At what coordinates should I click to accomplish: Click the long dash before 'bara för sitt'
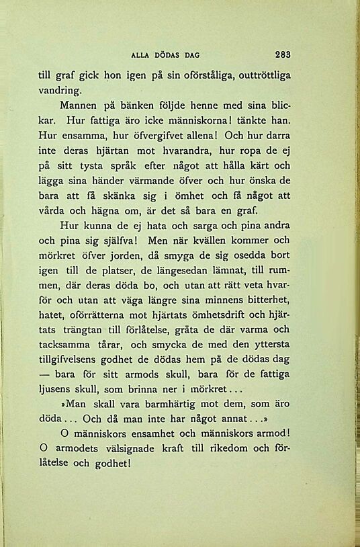[x=47, y=374]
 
